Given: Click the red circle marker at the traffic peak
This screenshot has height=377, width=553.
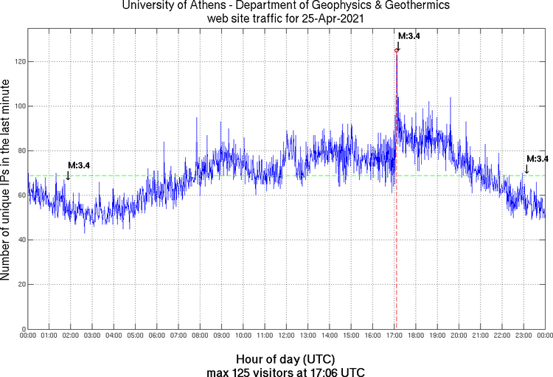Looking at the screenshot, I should (397, 50).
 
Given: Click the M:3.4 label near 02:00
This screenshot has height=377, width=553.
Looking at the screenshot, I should (79, 165).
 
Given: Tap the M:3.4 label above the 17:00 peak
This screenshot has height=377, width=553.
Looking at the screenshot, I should (408, 35).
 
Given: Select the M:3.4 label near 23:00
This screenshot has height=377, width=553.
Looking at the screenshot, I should (538, 159).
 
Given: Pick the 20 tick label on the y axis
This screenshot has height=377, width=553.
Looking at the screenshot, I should (21, 284).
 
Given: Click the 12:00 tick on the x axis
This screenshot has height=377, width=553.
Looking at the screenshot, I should (286, 336).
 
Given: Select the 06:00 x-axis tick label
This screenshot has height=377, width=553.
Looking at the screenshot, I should (157, 336).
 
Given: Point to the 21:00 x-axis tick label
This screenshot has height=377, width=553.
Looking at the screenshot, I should (480, 336).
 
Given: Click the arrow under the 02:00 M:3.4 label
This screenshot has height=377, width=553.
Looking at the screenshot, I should (68, 176).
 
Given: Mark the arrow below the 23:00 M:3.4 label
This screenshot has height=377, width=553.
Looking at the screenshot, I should (526, 170).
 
